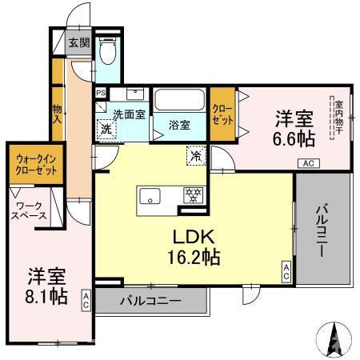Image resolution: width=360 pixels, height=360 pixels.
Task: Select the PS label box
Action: [100, 92]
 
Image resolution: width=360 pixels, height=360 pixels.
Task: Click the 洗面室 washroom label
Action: [128, 114]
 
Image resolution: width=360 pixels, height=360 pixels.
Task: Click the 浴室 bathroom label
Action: [178, 124]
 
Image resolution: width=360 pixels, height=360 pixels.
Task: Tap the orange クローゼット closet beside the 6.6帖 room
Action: [223, 114]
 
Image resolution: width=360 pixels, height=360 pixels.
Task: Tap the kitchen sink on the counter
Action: [153, 194]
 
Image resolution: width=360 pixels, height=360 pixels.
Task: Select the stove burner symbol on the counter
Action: [192, 194]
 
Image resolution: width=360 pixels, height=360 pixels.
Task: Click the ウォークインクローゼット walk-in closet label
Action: [31, 164]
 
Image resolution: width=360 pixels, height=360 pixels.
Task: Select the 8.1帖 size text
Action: [46, 294]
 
